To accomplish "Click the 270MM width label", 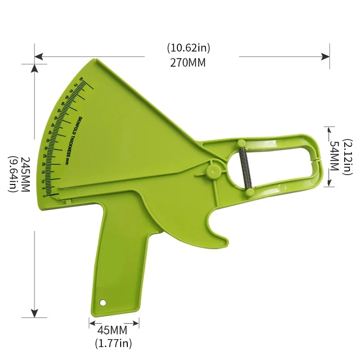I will click(188, 63).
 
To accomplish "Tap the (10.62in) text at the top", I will click(188, 48).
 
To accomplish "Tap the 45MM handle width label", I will click(113, 331).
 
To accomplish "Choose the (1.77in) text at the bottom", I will click(113, 344).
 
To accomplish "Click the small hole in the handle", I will click(103, 302).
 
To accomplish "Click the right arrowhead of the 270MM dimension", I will click(325, 57).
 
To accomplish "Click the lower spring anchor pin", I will click(247, 192).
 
